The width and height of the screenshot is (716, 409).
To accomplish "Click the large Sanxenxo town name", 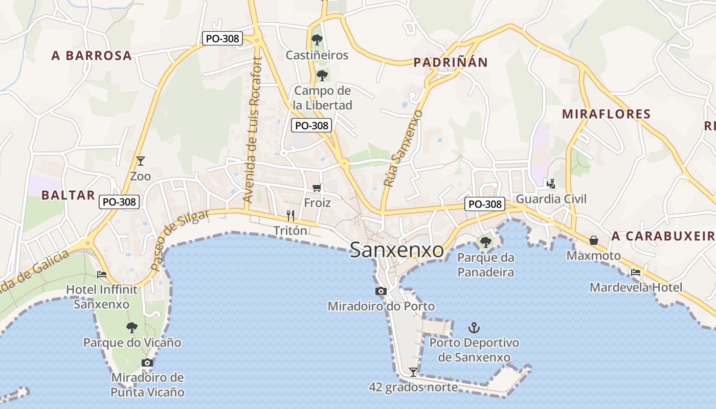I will tap(397, 251).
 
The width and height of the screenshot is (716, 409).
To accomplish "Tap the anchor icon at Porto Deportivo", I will tap(474, 327).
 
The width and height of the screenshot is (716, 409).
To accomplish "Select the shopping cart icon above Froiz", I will tap(317, 188).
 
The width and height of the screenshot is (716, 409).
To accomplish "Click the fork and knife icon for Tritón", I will tap(290, 215).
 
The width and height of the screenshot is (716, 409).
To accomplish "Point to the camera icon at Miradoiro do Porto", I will tap(381, 291).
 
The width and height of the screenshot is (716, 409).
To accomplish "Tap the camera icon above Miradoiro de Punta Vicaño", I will tap(147, 362).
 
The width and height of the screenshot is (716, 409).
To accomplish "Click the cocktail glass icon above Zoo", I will tap(141, 161).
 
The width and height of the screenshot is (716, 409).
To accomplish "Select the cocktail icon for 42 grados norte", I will tap(413, 372).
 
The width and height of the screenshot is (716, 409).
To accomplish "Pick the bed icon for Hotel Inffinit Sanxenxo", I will tap(102, 275).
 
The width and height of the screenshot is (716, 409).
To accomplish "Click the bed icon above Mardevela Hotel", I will tap(636, 272).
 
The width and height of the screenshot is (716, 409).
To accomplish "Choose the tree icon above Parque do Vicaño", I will tap(132, 327).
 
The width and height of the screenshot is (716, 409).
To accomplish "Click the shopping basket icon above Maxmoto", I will tap(594, 240).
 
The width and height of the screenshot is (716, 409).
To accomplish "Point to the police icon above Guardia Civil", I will tap(551, 184).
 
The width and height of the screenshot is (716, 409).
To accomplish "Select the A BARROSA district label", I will tap(92, 56).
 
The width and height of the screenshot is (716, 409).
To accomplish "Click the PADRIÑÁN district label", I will tap(450, 62).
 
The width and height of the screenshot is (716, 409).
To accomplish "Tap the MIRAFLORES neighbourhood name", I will tap(606, 113).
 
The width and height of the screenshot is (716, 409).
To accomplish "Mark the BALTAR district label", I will tap(68, 195).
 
